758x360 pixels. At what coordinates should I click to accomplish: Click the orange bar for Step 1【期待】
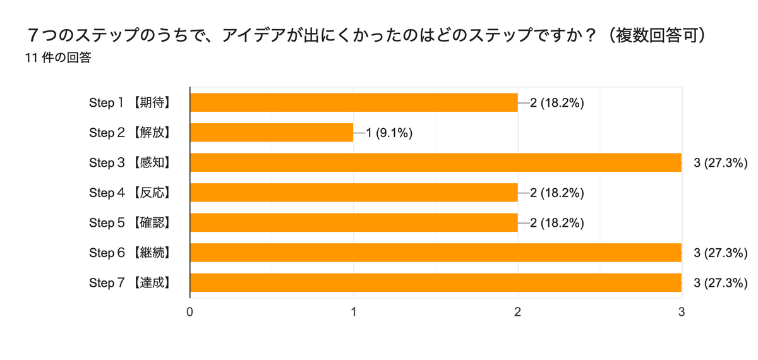click(354, 102)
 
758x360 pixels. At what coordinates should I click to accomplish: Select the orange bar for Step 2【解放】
click(272, 133)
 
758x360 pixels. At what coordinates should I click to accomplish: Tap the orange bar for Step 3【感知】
click(436, 162)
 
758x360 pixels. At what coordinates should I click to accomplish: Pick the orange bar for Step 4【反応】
click(354, 193)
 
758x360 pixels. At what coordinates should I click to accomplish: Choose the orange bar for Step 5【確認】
click(354, 222)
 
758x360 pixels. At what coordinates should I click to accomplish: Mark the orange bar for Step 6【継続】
click(436, 253)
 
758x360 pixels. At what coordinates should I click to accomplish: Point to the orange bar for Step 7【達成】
click(436, 282)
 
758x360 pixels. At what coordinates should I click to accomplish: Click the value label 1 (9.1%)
click(390, 133)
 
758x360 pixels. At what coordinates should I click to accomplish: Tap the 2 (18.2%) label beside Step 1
click(556, 102)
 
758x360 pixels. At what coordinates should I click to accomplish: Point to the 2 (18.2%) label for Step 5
click(556, 222)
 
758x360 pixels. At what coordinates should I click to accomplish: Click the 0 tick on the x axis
click(190, 311)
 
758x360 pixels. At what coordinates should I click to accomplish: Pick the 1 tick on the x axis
click(354, 311)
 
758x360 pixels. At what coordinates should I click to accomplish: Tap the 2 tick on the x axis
click(518, 311)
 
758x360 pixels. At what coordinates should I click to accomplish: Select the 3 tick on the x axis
click(682, 311)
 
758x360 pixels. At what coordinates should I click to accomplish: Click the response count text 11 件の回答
click(58, 58)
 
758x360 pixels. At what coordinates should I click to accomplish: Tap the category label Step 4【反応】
click(131, 193)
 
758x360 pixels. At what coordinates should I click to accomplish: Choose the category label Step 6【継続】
click(131, 253)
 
